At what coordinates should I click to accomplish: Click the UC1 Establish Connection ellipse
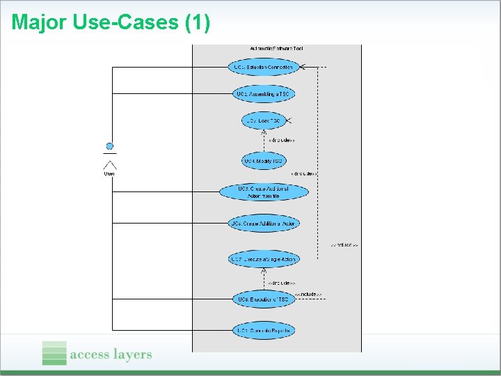[263, 67]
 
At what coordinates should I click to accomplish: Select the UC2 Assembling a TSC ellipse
[263, 93]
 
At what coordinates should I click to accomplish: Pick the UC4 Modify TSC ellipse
[263, 161]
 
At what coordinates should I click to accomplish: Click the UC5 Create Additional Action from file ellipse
[263, 192]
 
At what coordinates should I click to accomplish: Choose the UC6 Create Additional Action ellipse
[263, 224]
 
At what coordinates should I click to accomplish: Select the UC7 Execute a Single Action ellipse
[263, 259]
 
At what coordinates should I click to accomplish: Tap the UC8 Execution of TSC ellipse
[263, 299]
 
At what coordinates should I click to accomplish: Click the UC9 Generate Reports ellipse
[263, 330]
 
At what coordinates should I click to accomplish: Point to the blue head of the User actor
[109, 146]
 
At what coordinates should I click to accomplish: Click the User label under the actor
[109, 173]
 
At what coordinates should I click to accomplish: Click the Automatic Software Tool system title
[276, 49]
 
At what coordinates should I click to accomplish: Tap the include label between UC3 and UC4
[281, 141]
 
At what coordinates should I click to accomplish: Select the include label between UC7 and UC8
[281, 283]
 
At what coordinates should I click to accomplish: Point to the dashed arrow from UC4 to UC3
[263, 141]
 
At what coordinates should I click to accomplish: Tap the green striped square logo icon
[54, 353]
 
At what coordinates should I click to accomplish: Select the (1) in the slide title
[197, 22]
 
